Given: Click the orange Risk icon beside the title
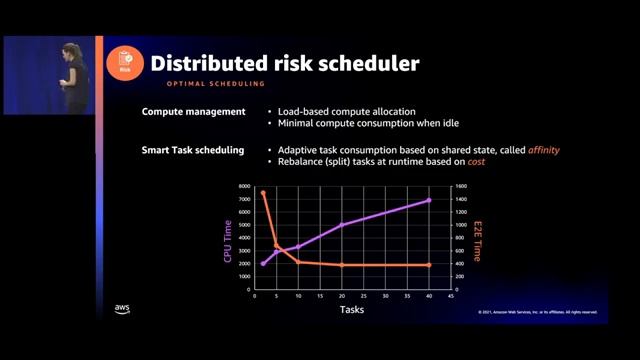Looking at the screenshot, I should click(x=125, y=63).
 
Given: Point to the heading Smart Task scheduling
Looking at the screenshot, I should click(x=193, y=150).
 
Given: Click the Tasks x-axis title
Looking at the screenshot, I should click(x=351, y=310).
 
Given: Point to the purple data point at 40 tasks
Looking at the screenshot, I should click(x=429, y=200).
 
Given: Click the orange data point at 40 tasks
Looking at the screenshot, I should click(x=429, y=265).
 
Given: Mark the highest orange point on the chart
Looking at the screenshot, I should click(x=263, y=193).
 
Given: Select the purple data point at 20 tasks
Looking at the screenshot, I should click(x=341, y=225).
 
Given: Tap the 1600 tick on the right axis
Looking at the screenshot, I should click(x=461, y=187).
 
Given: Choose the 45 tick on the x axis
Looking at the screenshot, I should click(x=451, y=297).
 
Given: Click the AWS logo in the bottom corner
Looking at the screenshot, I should click(x=122, y=308).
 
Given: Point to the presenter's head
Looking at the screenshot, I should click(x=71, y=49).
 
